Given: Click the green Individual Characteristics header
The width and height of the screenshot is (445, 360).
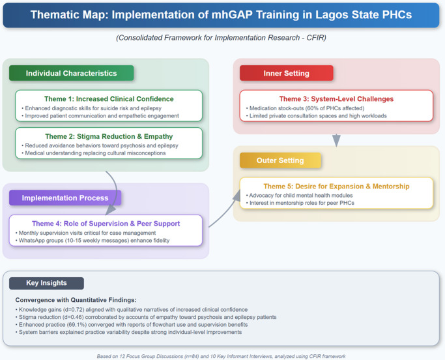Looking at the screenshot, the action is [71, 73].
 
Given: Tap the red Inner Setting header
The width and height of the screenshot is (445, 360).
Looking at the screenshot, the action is [286, 73].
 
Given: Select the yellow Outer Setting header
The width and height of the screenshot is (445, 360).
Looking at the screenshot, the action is [280, 160].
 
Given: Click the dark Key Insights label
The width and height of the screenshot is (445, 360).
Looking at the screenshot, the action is [46, 283].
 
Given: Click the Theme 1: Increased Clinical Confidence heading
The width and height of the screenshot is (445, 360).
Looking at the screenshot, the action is [109, 98].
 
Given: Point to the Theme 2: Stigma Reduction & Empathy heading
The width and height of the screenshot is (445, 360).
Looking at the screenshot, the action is [109, 136].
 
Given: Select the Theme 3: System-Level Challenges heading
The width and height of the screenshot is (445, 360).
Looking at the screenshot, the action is [336, 98].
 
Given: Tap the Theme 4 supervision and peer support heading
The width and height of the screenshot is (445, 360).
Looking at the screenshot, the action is [106, 223].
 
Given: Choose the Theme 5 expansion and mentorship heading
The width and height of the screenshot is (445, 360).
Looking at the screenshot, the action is [336, 186].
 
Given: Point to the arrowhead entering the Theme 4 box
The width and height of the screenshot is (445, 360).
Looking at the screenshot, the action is [111, 210].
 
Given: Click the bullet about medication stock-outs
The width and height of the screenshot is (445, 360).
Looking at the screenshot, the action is [303, 108].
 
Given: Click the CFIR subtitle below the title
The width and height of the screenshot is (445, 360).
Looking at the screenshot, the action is [222, 38].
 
